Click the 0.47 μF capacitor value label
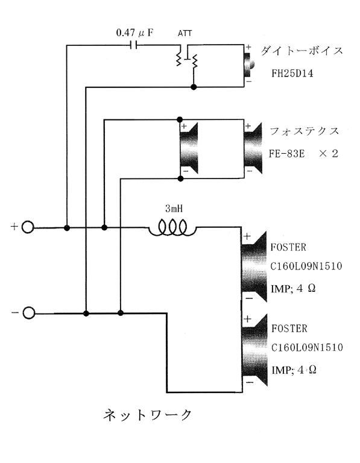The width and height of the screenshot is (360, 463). pos(134,33)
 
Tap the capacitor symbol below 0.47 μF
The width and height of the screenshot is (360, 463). pos(133,45)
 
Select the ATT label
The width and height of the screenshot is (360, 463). pos(185,33)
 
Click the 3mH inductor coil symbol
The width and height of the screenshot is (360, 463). pos(173,228)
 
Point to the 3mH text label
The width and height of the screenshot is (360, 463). pos(174,209)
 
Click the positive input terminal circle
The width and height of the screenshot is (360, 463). pos(28,227)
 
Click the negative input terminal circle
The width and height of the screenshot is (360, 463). pos(29,313)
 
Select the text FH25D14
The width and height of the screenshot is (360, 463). pos(292,73)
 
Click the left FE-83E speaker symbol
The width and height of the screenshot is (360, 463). pos(189,148)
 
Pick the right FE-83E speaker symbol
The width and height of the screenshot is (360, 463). pos(253,148)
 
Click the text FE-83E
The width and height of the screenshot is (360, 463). pos(286,154)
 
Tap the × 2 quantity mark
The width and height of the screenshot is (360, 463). pos(329,154)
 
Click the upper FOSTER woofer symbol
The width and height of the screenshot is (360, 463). pos(254,266)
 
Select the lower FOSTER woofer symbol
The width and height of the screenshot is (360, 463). pos(254,350)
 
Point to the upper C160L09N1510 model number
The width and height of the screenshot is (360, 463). pos(306,266)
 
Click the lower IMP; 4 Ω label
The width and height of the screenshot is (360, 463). pos(294,370)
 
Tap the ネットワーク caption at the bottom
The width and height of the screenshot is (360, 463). pos(148,415)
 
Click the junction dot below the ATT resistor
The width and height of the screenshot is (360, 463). pos(194,87)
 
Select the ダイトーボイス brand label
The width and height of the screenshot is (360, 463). pos(302,51)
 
